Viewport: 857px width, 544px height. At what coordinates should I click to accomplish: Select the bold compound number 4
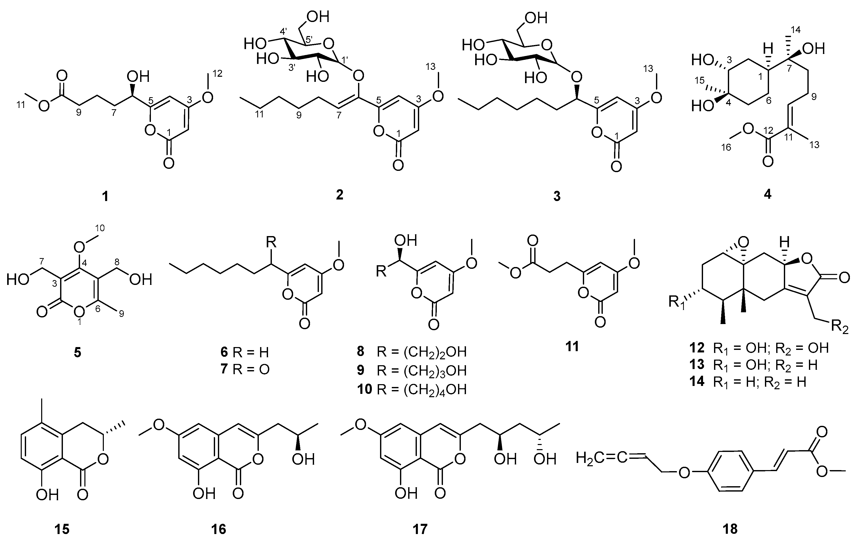768,194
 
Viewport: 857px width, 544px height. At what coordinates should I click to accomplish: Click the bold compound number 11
572,346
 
